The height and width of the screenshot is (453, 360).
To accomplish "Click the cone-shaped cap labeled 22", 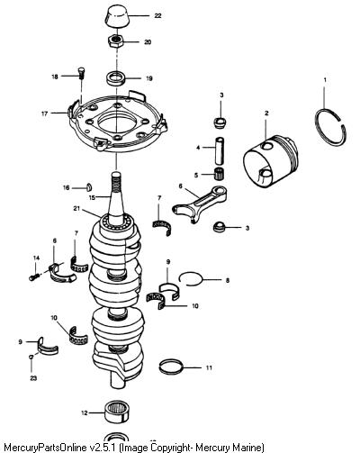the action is pyautogui.click(x=117, y=16).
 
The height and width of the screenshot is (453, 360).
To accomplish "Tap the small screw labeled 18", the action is pyautogui.click(x=81, y=72).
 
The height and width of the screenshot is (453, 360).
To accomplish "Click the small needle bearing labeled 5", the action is pyautogui.click(x=220, y=175).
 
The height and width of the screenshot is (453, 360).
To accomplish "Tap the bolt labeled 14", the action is pyautogui.click(x=34, y=276).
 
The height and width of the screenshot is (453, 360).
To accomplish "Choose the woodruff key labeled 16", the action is pyautogui.click(x=89, y=186).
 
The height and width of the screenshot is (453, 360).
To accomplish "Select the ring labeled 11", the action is pyautogui.click(x=171, y=367).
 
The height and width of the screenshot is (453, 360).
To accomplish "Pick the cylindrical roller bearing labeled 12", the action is pyautogui.click(x=117, y=412).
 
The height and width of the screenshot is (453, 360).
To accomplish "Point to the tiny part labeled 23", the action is pyautogui.click(x=31, y=357).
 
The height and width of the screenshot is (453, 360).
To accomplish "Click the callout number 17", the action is pyautogui.click(x=44, y=114).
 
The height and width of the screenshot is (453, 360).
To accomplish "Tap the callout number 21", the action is pyautogui.click(x=76, y=208).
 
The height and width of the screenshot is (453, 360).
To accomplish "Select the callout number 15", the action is pyautogui.click(x=92, y=197).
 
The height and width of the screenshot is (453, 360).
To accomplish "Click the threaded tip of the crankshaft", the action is pyautogui.click(x=116, y=183).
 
